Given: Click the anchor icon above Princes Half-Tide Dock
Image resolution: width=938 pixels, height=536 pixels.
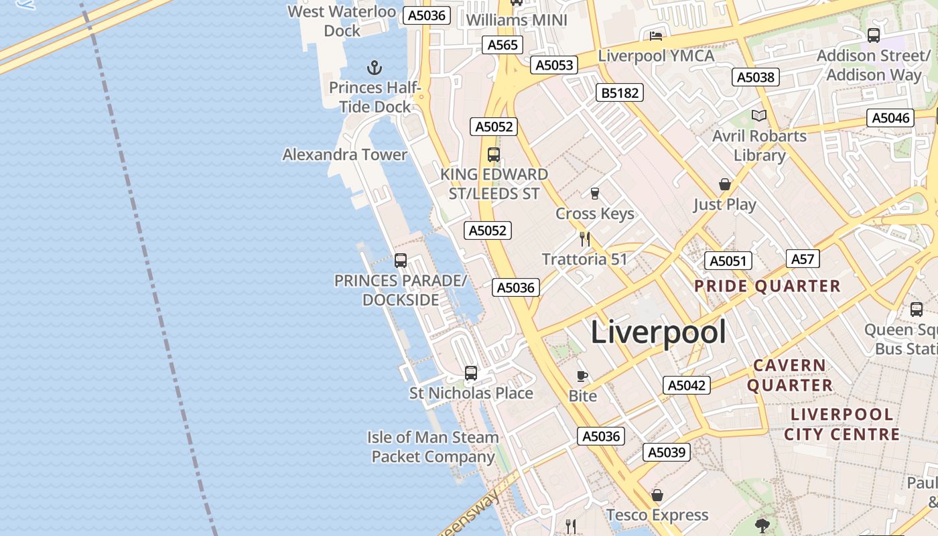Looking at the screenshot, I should click(x=375, y=67).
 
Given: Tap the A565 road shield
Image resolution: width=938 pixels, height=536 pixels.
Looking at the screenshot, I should click(x=503, y=45).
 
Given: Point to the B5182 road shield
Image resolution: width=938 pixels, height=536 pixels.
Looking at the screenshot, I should click(x=620, y=92).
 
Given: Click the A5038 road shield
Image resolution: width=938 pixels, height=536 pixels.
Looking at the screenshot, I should click(x=756, y=77).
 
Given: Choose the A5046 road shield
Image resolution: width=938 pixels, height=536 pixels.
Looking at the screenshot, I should click(x=891, y=118).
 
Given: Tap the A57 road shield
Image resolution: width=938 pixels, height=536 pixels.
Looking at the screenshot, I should click(x=803, y=259).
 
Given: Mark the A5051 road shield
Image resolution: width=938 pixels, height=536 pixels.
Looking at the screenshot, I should click(x=728, y=261).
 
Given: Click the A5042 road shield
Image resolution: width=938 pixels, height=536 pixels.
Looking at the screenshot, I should click(x=687, y=385).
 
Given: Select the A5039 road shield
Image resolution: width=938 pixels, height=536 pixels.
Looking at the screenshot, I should click(x=667, y=452).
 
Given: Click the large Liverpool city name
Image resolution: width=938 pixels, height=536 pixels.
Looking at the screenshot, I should click(x=658, y=332).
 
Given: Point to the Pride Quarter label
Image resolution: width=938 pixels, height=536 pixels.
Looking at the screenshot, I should click(x=767, y=286).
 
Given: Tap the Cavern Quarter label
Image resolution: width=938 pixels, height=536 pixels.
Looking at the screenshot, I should click(x=790, y=375).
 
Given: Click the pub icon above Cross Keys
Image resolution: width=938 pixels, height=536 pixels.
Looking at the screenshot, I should click(x=594, y=194).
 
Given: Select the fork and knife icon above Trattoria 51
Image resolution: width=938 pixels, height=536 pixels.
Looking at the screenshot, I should click(x=585, y=239).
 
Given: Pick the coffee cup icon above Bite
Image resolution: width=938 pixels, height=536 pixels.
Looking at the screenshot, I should click(x=582, y=376).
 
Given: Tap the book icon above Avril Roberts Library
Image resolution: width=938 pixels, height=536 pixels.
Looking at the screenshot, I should click(x=758, y=116).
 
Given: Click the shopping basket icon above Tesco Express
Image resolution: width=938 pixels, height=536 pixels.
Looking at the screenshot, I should click(x=657, y=495).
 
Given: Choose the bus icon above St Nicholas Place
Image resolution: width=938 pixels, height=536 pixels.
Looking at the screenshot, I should click(x=471, y=373).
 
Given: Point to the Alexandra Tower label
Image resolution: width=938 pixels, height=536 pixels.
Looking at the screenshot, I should click(x=345, y=155).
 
